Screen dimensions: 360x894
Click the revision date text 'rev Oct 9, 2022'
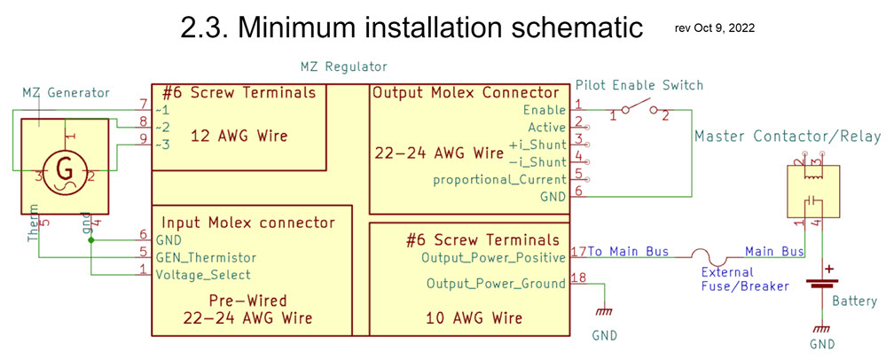pos(715,27)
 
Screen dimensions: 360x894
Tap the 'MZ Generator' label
pos(66,92)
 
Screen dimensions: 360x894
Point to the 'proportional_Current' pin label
pos(498,180)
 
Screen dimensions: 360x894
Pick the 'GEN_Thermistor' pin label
pos(206,257)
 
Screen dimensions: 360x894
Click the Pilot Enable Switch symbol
pos(636,111)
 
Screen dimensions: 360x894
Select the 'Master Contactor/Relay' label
pos(788,137)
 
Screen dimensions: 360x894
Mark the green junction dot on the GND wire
pos(91,239)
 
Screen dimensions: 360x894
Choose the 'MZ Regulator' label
pos(344,67)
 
